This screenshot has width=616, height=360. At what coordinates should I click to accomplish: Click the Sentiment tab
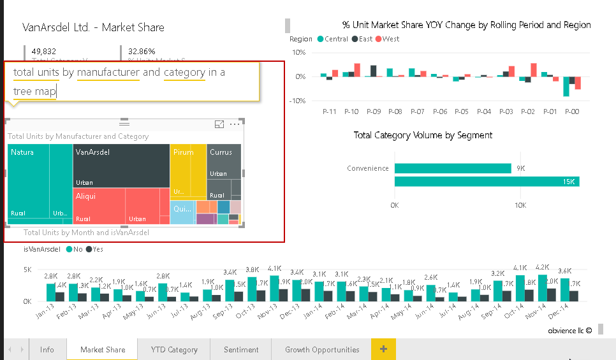(x=241, y=349)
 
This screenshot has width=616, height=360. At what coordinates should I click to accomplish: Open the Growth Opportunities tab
(x=322, y=349)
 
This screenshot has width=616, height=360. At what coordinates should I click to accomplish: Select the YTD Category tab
(x=174, y=349)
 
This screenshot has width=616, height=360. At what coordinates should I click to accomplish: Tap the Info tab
(x=47, y=349)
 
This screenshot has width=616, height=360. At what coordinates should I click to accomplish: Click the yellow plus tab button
(x=383, y=349)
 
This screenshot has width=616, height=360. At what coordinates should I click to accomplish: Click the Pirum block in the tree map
(x=189, y=169)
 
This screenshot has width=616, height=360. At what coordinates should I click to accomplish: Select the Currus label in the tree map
(x=221, y=152)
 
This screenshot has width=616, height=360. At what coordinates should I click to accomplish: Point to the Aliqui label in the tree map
(x=85, y=196)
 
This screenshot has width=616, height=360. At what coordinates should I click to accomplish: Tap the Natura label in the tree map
(x=22, y=152)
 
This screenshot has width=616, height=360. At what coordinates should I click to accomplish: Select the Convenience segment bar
(x=453, y=168)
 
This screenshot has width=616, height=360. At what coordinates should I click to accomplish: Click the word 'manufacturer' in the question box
(x=108, y=72)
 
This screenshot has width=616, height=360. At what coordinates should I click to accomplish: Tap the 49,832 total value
(x=43, y=51)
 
